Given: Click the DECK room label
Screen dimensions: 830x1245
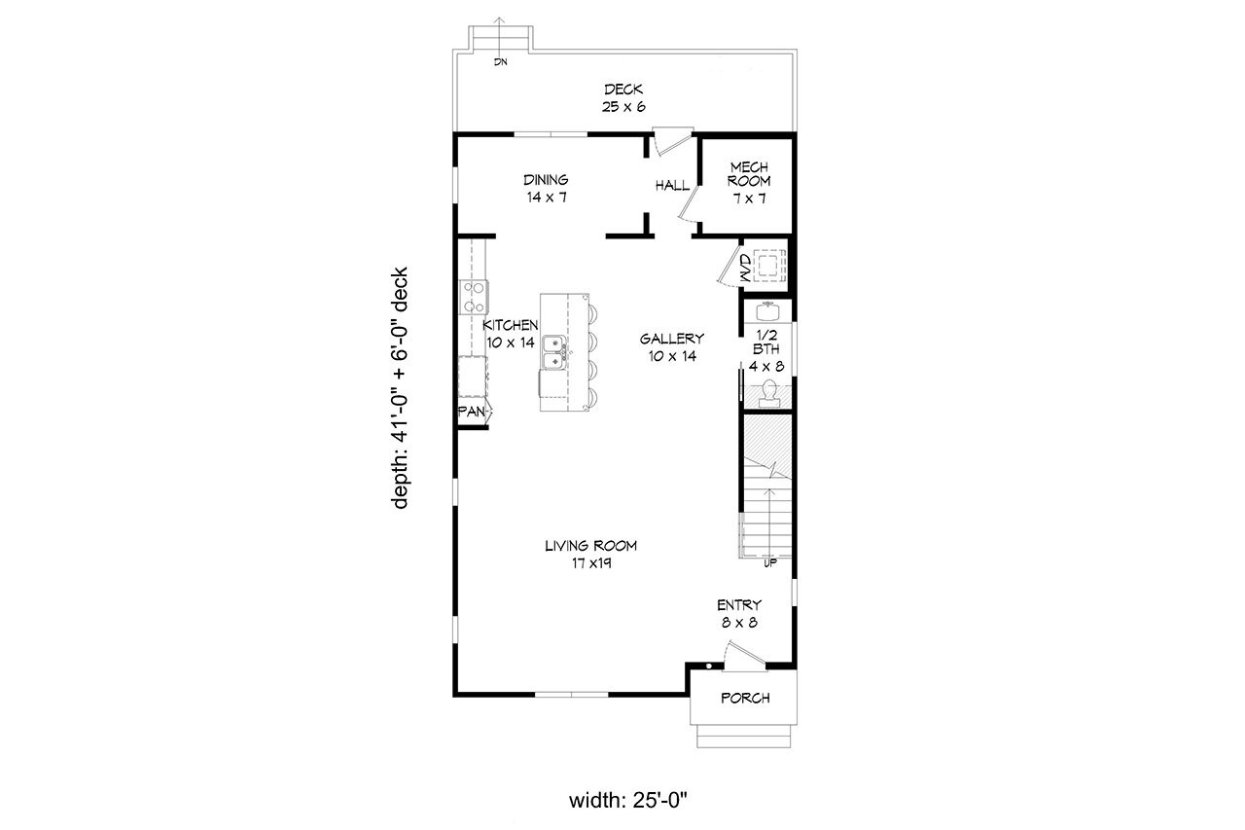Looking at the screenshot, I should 623,90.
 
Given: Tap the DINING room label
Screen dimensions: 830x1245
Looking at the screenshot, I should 546,180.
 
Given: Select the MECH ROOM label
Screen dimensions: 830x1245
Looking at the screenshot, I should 750,174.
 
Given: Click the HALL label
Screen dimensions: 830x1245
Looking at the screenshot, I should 671,185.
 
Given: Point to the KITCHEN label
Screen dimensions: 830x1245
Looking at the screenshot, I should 511,325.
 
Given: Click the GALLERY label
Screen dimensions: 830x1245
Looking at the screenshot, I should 671,339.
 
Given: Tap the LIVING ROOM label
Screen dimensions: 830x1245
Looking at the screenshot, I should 590,546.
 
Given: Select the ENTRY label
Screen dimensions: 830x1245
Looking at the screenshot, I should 739,605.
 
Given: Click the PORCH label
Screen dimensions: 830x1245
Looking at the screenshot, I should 745,698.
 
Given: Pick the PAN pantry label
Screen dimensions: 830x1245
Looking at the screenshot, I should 472,412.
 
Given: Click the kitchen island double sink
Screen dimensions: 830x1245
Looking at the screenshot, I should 555,350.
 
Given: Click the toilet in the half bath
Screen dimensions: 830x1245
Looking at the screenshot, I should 769,392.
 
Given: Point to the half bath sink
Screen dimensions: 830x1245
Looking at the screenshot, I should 768,310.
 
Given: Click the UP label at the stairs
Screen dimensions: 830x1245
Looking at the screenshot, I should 769,562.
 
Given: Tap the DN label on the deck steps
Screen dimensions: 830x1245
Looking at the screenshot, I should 501,62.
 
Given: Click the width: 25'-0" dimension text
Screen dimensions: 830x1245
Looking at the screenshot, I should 628,801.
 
